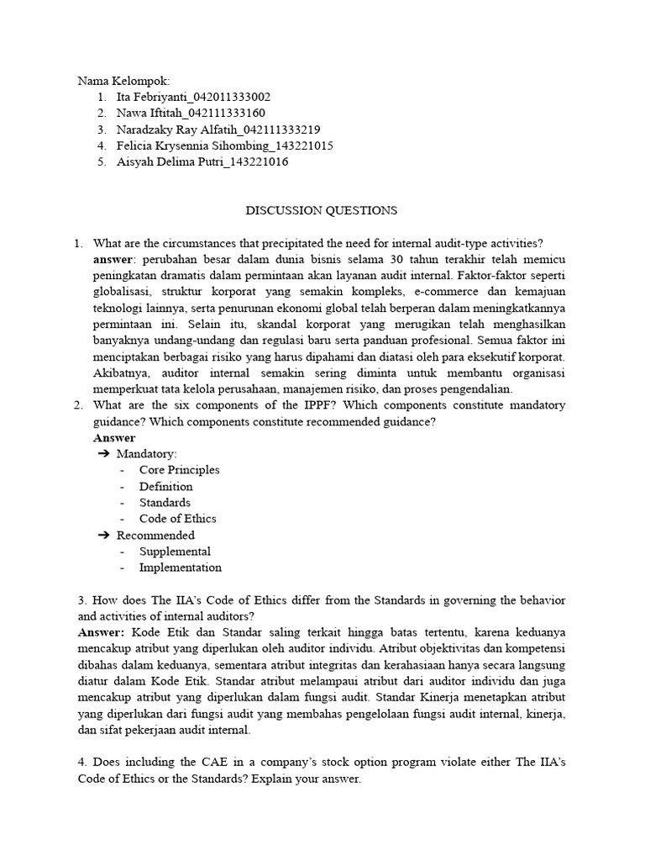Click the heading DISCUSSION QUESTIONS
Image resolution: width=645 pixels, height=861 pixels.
[322, 210]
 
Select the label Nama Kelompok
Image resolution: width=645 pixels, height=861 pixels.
[123, 82]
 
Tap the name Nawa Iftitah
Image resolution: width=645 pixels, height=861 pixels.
[147, 114]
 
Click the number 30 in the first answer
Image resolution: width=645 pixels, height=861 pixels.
[385, 260]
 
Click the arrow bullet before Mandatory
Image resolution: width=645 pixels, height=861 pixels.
[104, 454]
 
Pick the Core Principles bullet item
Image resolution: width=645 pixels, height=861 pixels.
[179, 470]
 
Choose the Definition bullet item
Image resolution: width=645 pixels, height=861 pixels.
[165, 486]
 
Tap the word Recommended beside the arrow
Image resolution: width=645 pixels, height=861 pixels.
[155, 535]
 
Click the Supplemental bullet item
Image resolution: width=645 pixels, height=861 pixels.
[175, 552]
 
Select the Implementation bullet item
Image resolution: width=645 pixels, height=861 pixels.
[181, 568]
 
